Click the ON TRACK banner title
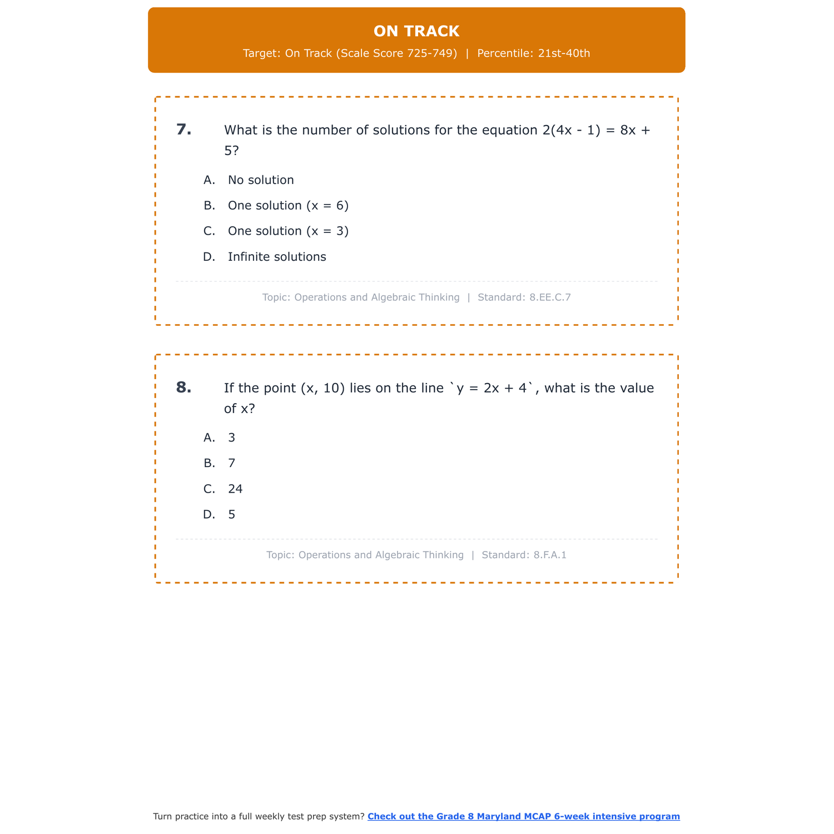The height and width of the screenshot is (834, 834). click(x=416, y=31)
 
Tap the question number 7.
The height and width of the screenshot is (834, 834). click(x=183, y=130)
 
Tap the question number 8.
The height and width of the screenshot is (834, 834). click(x=183, y=388)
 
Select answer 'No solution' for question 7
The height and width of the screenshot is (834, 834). click(x=261, y=180)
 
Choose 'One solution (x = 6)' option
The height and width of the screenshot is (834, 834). click(x=288, y=206)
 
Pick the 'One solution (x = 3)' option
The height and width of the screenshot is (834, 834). click(x=288, y=231)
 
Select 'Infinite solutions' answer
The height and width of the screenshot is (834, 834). click(x=277, y=257)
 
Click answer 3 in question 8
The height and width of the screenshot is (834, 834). click(x=232, y=438)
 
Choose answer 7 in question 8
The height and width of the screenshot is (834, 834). click(x=232, y=464)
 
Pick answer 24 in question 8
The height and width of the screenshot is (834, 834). click(x=235, y=489)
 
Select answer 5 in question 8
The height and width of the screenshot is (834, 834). click(x=232, y=515)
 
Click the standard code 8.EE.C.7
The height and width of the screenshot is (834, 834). click(x=550, y=297)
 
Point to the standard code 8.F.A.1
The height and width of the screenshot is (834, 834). click(x=550, y=555)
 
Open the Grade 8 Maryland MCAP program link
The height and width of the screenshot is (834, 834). click(x=523, y=816)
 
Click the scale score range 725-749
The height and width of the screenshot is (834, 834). click(x=432, y=53)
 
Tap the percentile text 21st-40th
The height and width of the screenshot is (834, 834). click(x=564, y=53)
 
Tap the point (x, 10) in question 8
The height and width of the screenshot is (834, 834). click(x=322, y=388)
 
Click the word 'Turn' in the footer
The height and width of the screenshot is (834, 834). click(x=163, y=816)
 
